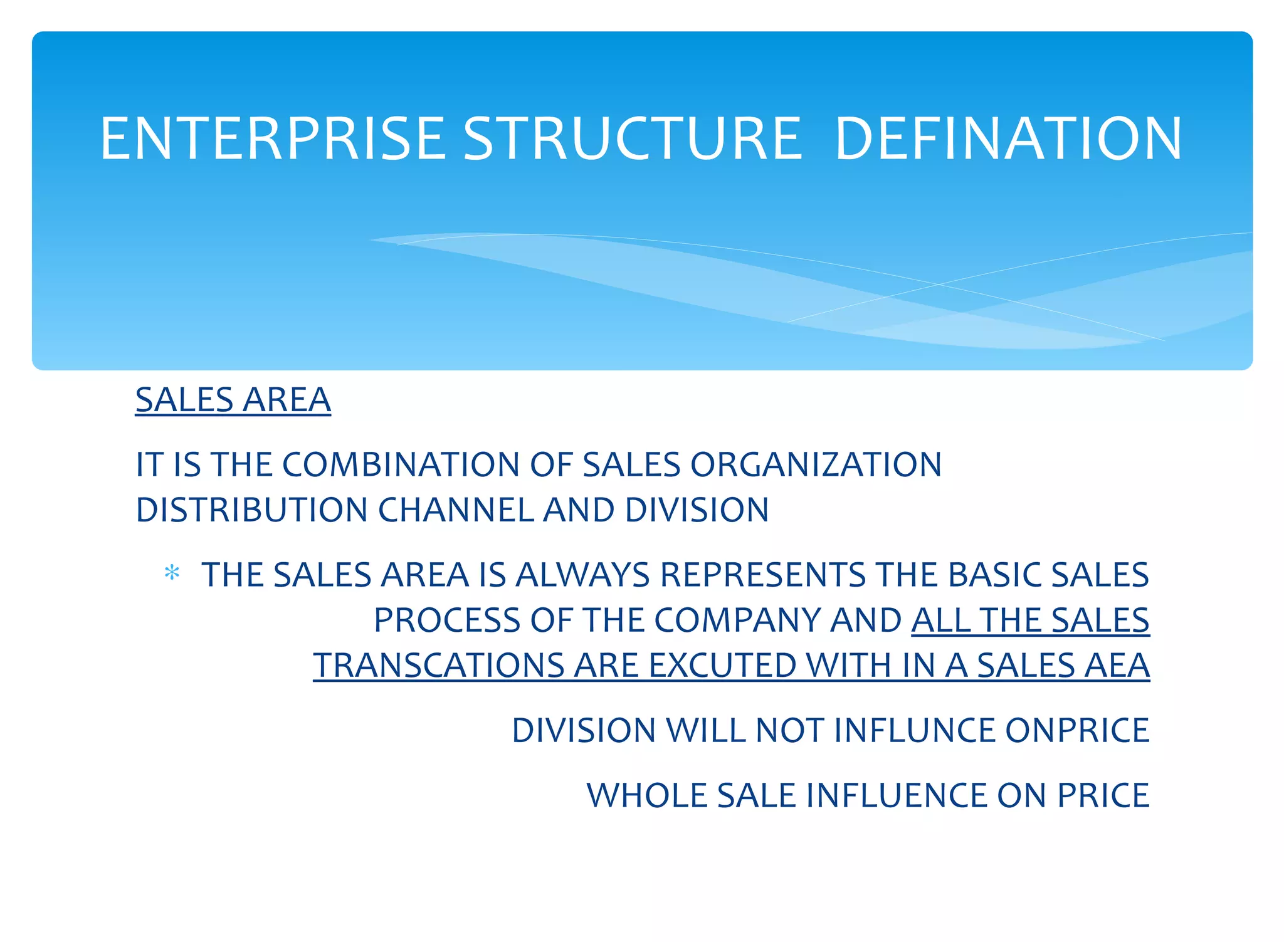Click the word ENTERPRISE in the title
click(x=272, y=139)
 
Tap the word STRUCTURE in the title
click(x=632, y=139)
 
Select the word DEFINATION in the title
click(x=1008, y=139)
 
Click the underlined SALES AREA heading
click(x=233, y=400)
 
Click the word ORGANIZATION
click(x=816, y=465)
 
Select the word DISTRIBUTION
click(x=251, y=510)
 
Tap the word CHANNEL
click(x=455, y=510)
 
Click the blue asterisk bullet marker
click(x=172, y=573)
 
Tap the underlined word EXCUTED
click(x=722, y=666)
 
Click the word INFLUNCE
click(x=914, y=731)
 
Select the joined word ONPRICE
click(x=1077, y=731)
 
